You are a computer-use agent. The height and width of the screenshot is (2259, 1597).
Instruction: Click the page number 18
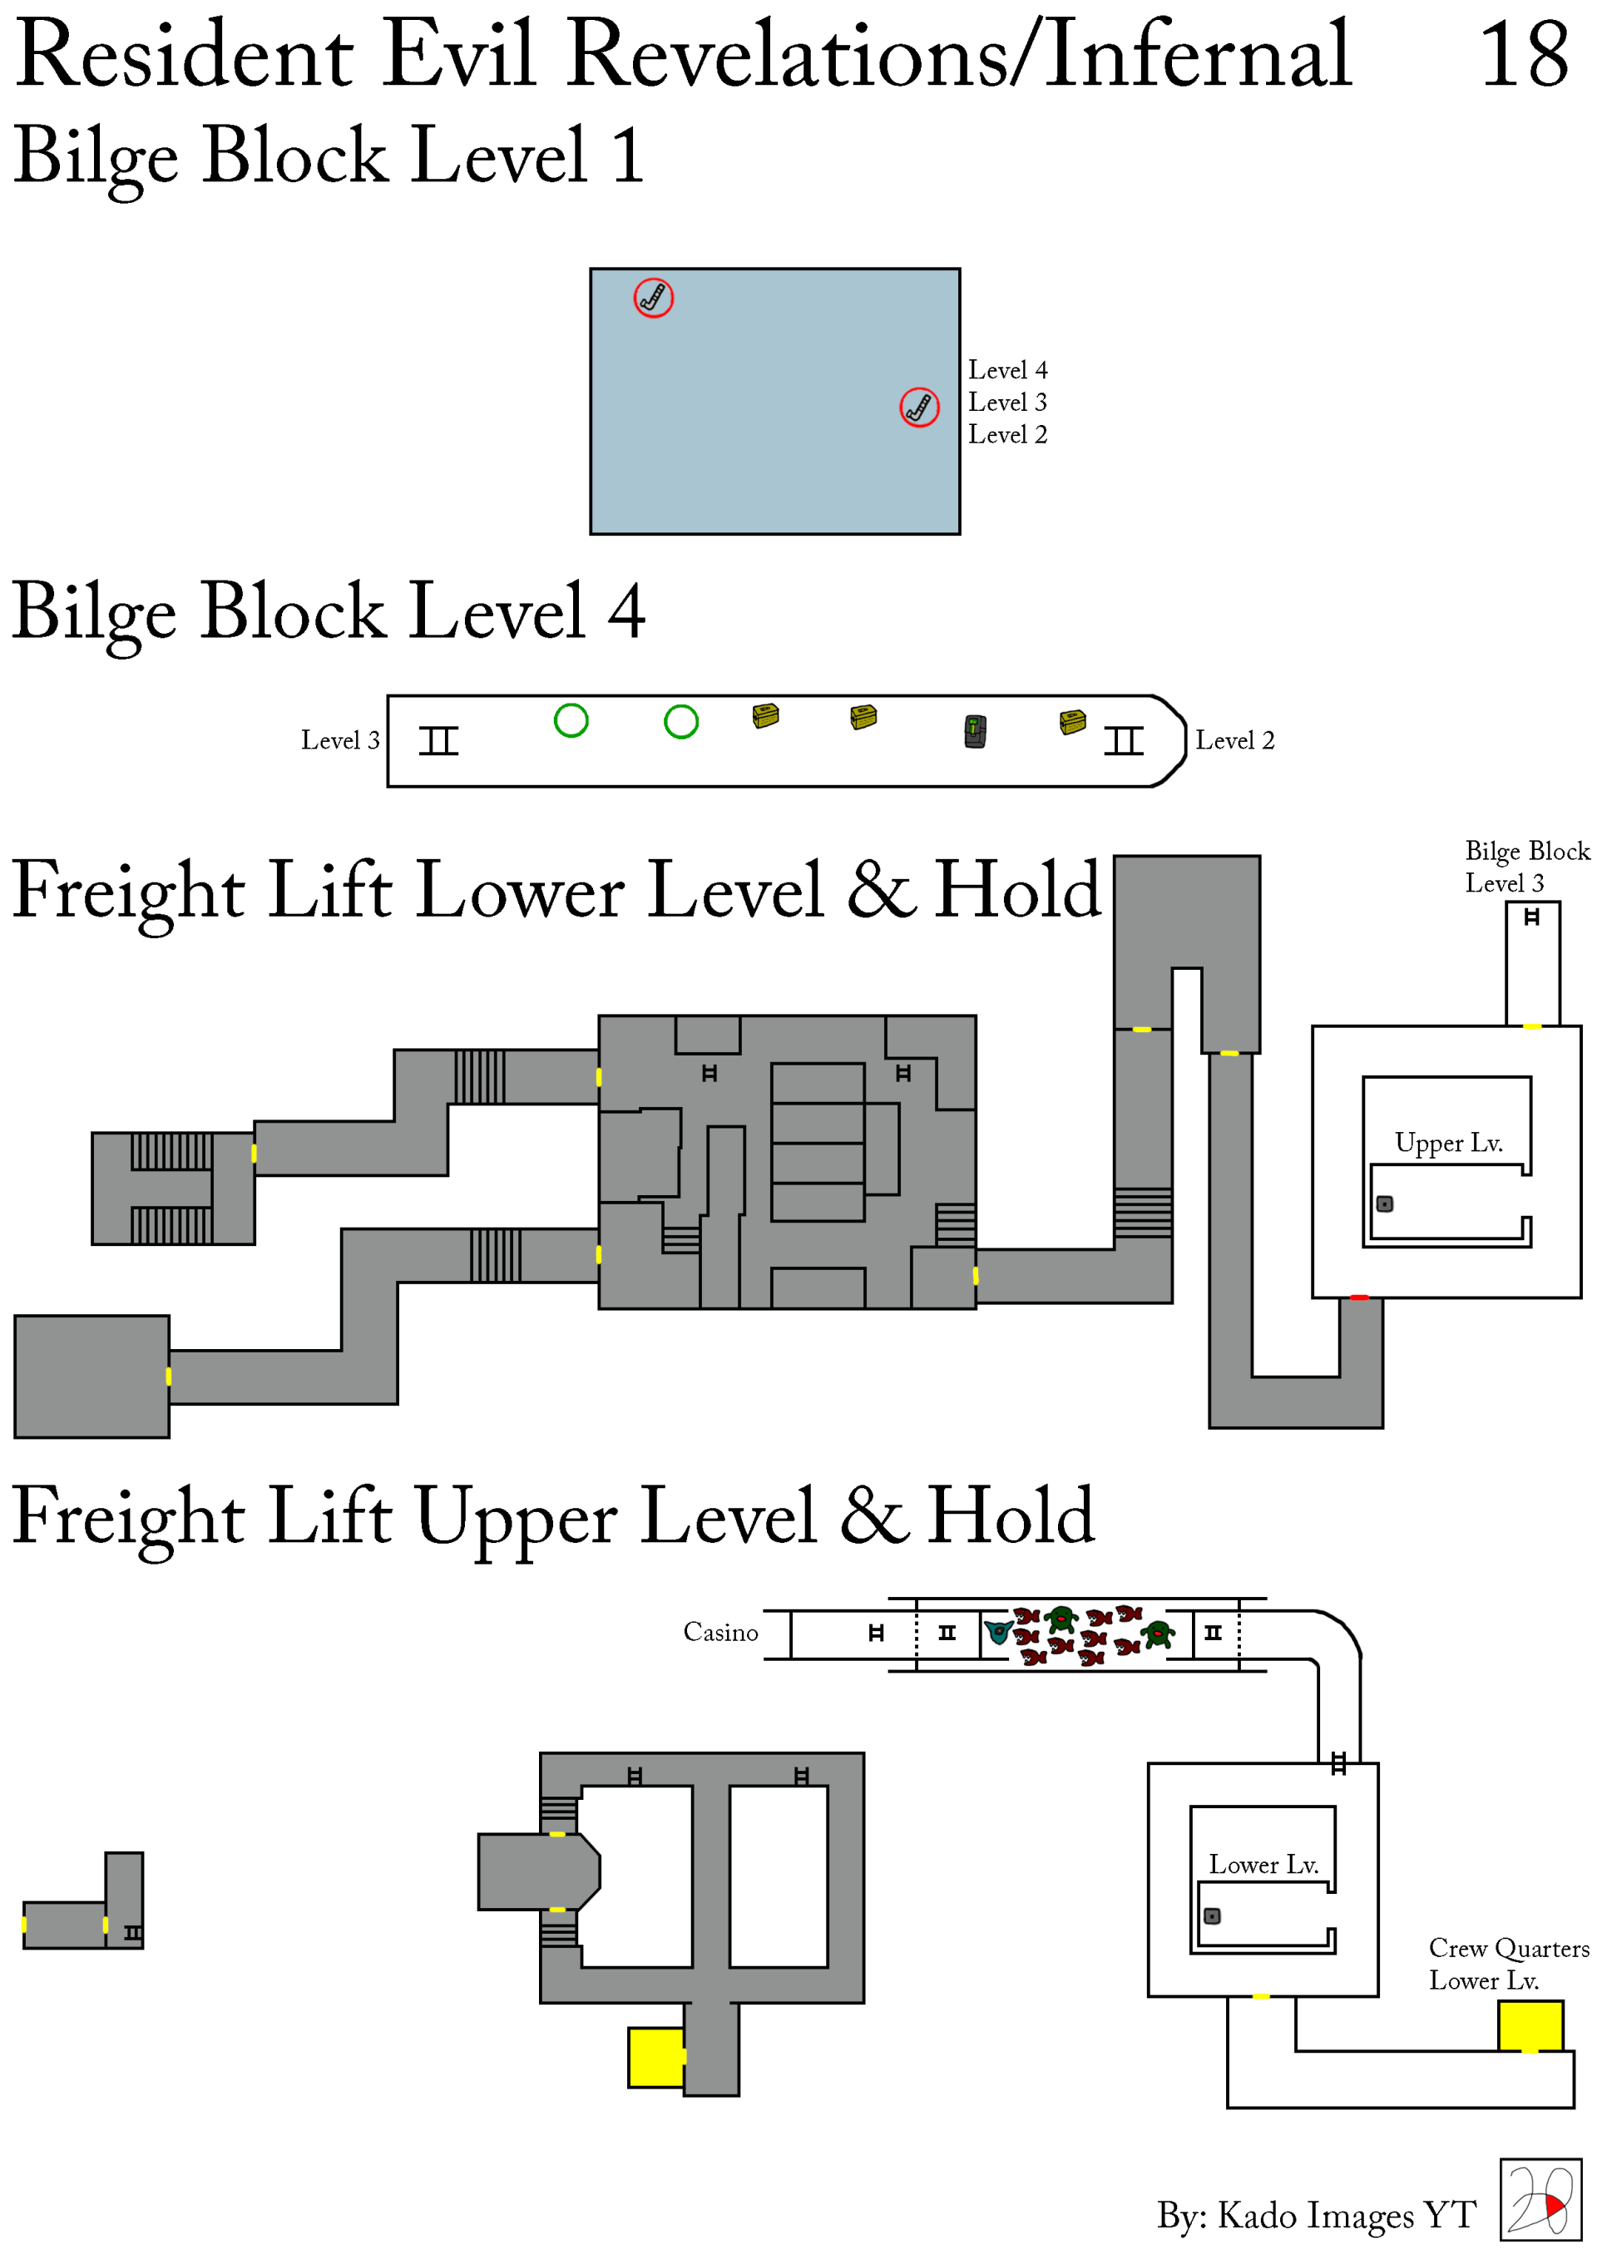click(1523, 54)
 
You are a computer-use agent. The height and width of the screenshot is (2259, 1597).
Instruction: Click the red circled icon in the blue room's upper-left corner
click(654, 297)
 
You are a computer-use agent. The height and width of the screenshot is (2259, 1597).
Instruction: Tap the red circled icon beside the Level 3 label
click(919, 407)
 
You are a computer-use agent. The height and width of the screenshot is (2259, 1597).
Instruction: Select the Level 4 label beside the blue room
click(1007, 370)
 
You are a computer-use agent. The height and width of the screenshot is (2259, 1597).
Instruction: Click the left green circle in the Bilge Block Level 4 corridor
click(571, 720)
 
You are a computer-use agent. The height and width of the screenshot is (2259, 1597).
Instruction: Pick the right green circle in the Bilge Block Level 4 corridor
click(681, 722)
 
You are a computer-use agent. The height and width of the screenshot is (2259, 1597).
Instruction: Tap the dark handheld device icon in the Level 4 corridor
click(975, 731)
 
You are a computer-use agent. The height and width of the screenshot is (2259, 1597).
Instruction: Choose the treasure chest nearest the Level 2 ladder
click(1072, 722)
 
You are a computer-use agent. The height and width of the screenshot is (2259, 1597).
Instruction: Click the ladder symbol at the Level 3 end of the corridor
click(439, 740)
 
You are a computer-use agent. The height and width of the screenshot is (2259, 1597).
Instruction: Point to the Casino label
click(720, 1632)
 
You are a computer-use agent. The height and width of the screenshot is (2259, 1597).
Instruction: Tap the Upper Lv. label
click(1448, 1144)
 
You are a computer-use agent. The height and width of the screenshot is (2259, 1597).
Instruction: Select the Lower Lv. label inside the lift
click(1263, 1865)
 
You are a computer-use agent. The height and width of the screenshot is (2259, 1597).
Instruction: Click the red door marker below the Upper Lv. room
click(1359, 1298)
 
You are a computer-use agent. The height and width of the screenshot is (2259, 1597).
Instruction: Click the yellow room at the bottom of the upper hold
click(656, 2058)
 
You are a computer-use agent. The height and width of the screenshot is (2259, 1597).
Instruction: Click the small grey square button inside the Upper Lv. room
click(1384, 1204)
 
